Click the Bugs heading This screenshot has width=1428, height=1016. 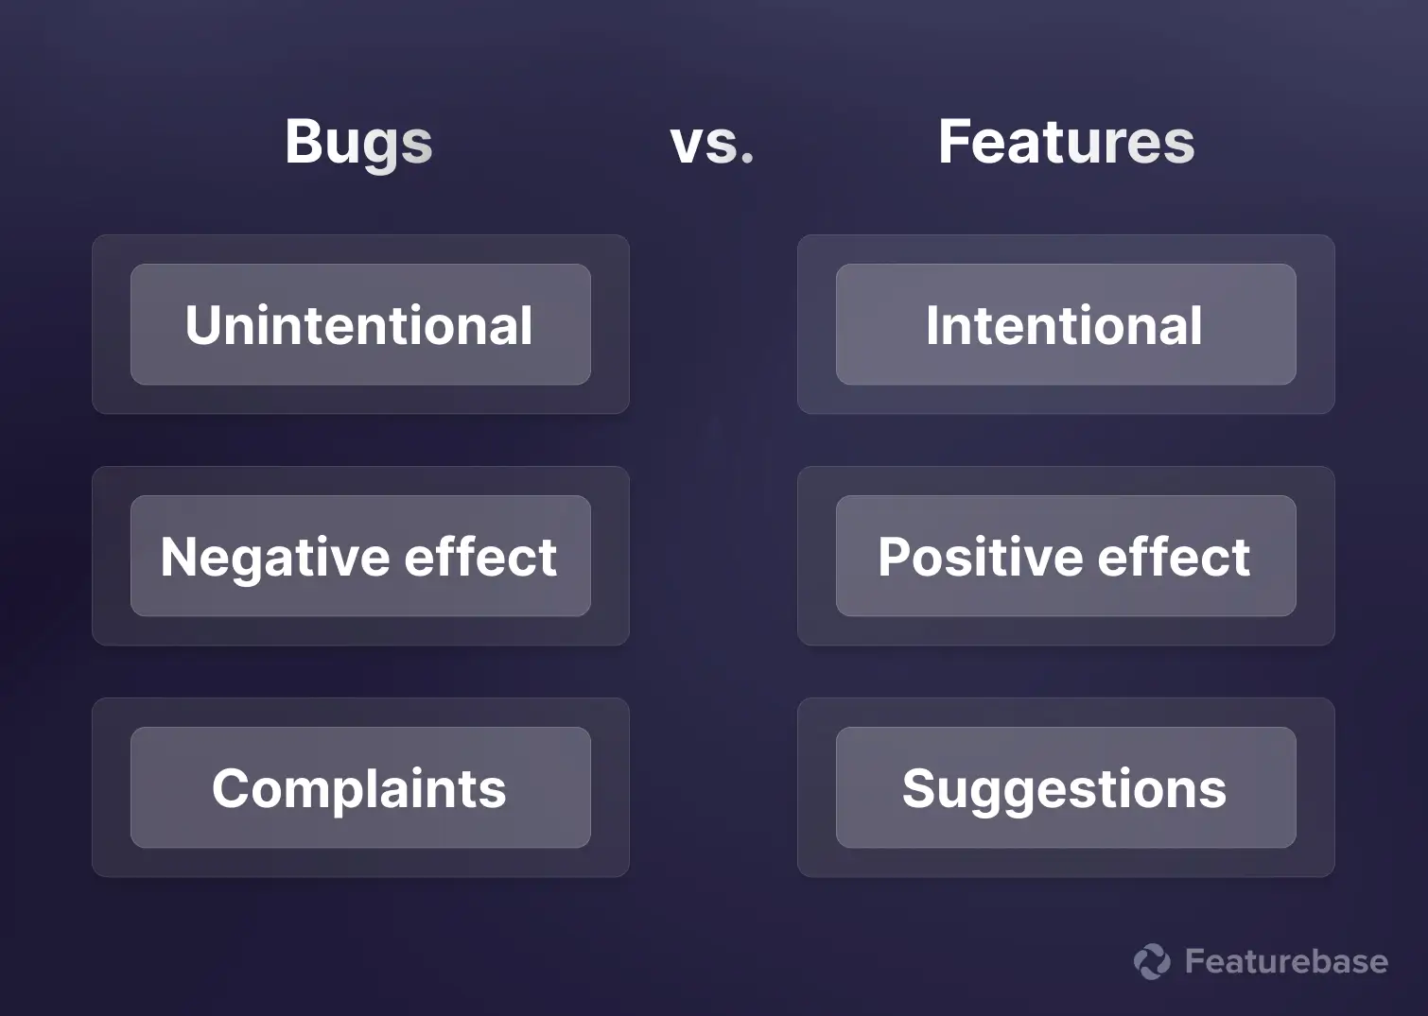tap(358, 143)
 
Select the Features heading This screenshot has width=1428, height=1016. tap(1066, 142)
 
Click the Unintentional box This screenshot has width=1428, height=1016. tap(360, 324)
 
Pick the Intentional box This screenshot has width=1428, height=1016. tap(1065, 324)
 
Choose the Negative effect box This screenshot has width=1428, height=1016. tap(360, 556)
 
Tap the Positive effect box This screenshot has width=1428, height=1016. tap(1065, 556)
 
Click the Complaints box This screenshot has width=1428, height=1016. tap(360, 787)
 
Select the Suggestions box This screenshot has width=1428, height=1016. tap(1065, 787)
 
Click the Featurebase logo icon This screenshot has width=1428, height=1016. tap(1152, 961)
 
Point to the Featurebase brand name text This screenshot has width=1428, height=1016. tap(1286, 961)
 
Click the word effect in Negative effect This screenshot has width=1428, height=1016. tap(480, 557)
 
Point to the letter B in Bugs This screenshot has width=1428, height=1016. tap(304, 142)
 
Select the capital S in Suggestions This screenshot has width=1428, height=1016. tap(920, 788)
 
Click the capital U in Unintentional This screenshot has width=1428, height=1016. tap(204, 325)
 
